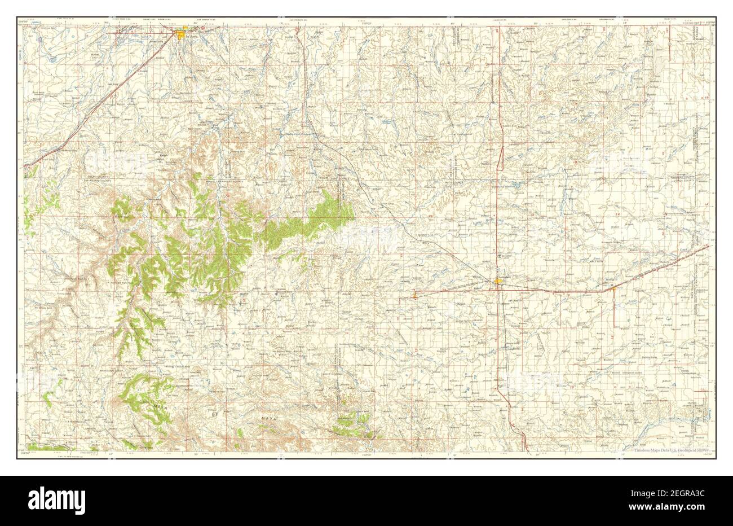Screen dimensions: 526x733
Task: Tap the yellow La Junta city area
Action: click(x=182, y=36)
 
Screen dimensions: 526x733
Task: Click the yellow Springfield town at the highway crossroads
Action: click(x=498, y=281)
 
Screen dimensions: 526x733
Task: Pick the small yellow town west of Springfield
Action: click(x=416, y=293)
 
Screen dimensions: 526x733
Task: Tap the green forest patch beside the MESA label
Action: click(x=141, y=389)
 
